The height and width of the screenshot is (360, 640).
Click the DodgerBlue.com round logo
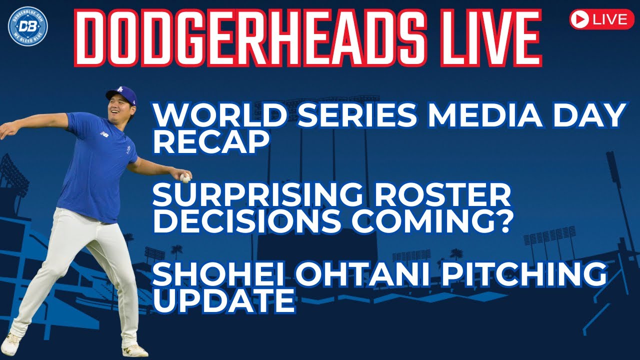click(27, 26)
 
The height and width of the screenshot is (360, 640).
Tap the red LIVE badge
click(602, 19)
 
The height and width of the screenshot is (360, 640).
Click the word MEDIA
click(484, 115)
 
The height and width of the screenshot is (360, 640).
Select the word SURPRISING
click(257, 195)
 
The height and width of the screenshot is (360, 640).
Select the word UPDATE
click(224, 300)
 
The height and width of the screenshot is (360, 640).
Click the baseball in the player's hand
click(185, 177)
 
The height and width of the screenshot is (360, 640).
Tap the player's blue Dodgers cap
click(121, 94)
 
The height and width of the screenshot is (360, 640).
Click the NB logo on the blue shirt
click(104, 133)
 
